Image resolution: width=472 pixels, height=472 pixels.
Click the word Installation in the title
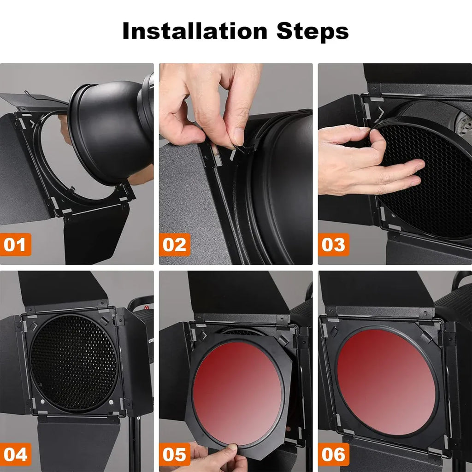point(195,31)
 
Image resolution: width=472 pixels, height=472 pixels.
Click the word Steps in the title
point(313,32)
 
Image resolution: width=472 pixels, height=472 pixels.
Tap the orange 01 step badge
point(15,244)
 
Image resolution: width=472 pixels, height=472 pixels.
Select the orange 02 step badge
point(175,244)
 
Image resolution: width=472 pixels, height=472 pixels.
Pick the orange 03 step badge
point(334,244)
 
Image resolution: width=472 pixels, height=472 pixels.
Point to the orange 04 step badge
point(15,454)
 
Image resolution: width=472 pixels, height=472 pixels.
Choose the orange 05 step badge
point(175,454)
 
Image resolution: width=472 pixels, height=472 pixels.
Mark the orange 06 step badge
point(334,454)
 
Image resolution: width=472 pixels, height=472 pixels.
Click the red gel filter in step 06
point(386,382)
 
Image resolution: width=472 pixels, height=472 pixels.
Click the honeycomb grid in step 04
point(74,363)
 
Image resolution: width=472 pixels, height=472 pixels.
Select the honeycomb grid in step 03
point(427,181)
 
